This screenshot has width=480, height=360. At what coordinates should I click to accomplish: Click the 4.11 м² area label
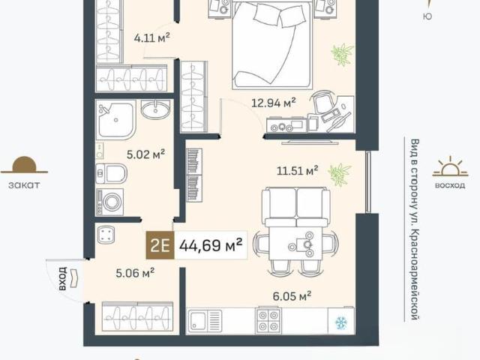151,38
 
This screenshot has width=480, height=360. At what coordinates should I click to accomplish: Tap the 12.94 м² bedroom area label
273,102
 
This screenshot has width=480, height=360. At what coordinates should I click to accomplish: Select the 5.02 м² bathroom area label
145,154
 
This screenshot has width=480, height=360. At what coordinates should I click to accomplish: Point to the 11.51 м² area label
297,170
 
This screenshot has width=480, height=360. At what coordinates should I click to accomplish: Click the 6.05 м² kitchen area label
292,295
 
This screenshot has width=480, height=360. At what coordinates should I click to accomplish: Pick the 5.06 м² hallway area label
135,272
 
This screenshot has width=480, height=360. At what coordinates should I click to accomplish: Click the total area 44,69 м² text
211,245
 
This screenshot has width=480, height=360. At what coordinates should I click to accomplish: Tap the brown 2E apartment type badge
160,245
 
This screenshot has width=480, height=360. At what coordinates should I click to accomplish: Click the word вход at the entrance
62,278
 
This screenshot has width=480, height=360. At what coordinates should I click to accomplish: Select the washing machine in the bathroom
109,202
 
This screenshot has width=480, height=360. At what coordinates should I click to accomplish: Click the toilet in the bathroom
111,173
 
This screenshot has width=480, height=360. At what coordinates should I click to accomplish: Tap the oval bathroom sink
155,109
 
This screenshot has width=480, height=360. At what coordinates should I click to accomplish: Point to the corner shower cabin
116,119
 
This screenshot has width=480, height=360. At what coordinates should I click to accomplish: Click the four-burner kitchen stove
268,320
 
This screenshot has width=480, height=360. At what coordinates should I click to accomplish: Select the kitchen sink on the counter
205,320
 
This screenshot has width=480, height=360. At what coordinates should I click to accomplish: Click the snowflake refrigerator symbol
341,323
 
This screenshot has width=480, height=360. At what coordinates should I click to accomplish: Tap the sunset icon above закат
24,165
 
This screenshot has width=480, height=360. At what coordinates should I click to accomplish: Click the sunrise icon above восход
450,166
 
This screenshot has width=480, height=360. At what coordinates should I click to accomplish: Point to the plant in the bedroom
342,54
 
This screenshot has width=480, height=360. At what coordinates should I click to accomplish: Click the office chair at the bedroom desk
322,102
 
